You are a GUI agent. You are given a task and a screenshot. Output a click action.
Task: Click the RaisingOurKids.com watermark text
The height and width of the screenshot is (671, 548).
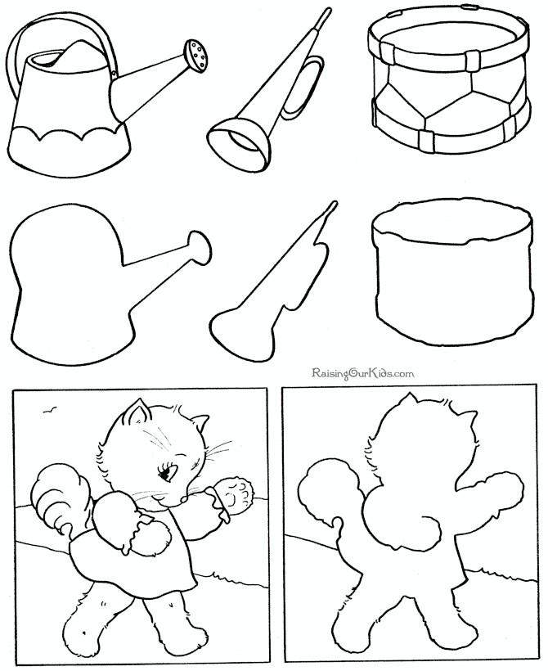363,372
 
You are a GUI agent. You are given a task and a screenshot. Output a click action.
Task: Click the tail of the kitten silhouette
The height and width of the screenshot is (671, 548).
327,499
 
